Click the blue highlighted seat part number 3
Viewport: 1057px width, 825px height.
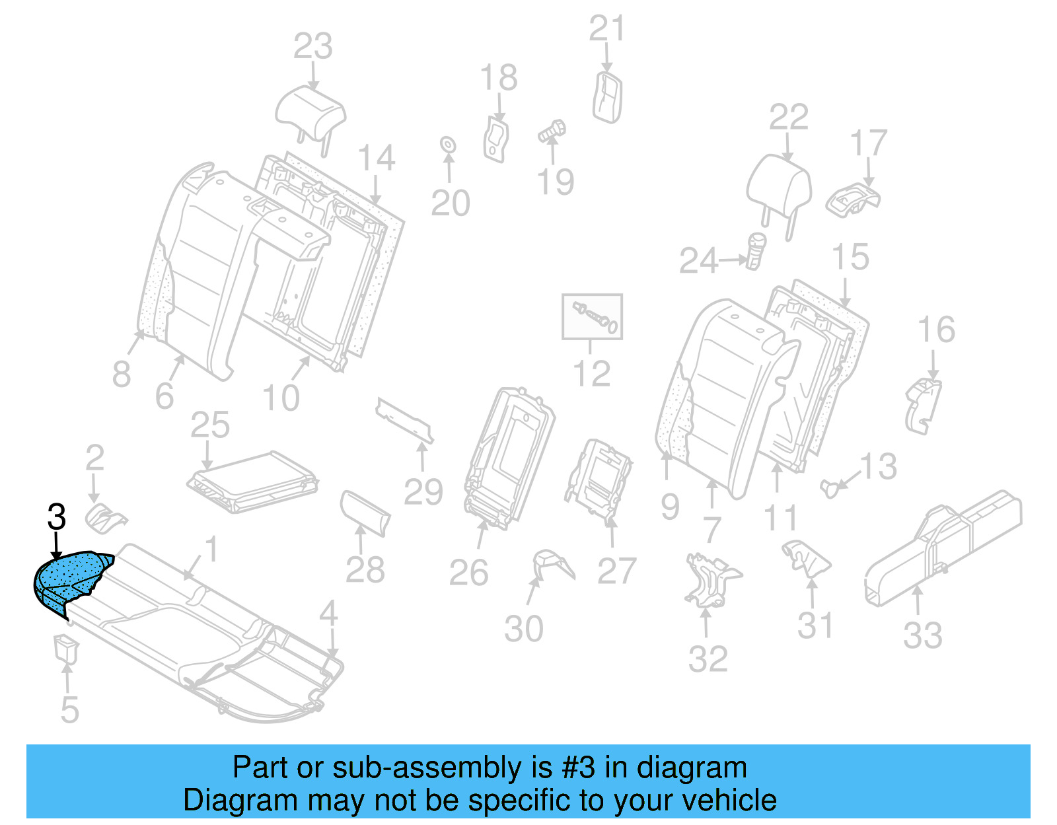tap(69, 579)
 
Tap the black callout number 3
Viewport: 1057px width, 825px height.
tap(57, 517)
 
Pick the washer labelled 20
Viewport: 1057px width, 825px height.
tap(447, 144)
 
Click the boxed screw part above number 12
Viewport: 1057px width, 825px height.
tap(592, 316)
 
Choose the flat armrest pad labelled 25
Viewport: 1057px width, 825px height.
tap(253, 481)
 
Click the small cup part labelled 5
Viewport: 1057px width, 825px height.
tap(65, 647)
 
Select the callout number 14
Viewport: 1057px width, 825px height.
tap(377, 159)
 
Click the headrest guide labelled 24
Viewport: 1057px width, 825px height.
tap(755, 251)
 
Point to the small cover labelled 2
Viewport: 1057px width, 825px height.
tap(105, 518)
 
